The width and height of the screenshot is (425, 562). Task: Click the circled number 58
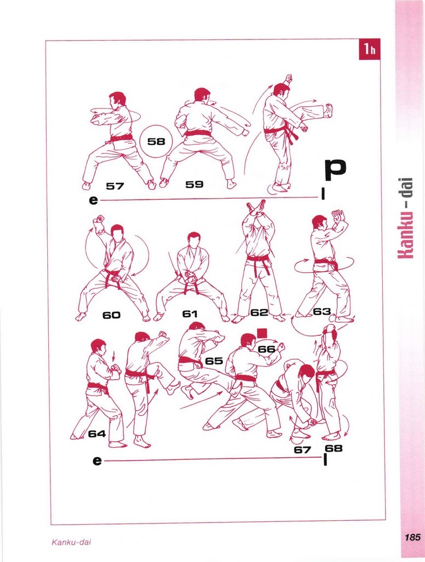click(156, 141)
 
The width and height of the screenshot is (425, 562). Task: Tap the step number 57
click(115, 186)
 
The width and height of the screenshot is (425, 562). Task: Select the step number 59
click(195, 184)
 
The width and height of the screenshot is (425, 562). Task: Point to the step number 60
click(111, 315)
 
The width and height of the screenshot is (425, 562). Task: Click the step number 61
click(190, 314)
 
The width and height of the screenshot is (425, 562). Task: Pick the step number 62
click(259, 312)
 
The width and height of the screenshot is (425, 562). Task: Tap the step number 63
click(321, 312)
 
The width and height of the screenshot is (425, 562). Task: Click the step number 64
click(97, 434)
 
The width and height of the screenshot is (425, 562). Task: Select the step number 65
click(214, 361)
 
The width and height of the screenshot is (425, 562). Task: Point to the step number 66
click(267, 349)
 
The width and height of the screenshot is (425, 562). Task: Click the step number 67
click(302, 449)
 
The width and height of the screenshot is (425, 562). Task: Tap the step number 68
click(333, 448)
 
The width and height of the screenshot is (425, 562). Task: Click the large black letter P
click(336, 171)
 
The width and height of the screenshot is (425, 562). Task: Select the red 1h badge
click(370, 49)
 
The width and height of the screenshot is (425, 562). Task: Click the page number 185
click(412, 538)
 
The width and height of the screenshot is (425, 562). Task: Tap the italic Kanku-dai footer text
click(71, 542)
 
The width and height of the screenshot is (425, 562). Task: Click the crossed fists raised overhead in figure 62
click(256, 207)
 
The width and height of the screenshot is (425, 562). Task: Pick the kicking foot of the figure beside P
click(328, 111)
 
